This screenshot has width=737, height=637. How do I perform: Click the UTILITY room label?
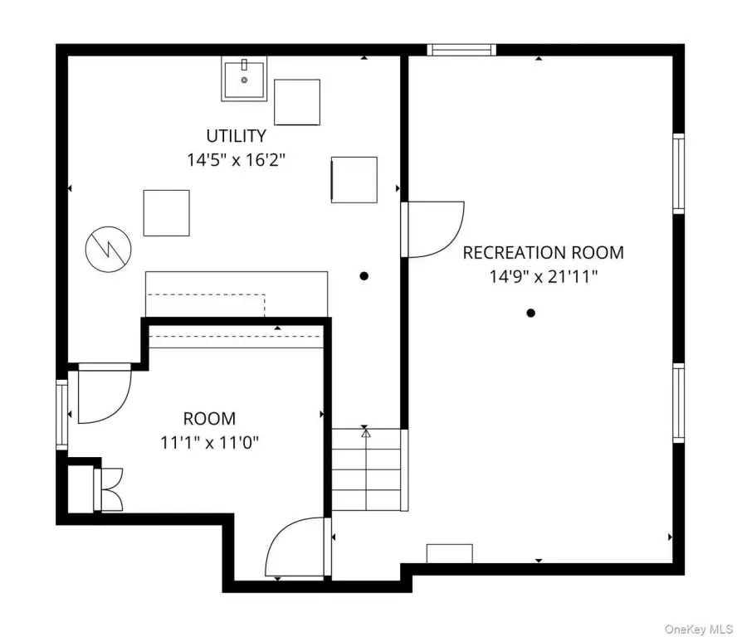pyautogui.click(x=236, y=136)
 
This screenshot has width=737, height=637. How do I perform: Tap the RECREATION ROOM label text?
pyautogui.click(x=544, y=253)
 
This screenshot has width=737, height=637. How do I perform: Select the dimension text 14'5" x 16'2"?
pyautogui.click(x=236, y=160)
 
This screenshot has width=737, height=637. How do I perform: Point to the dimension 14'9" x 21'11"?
pyautogui.click(x=544, y=277)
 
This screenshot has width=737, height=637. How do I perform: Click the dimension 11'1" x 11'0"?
pyautogui.click(x=210, y=443)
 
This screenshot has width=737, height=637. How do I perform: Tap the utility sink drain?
pyautogui.click(x=244, y=80)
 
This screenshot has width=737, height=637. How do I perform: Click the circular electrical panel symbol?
pyautogui.click(x=108, y=249)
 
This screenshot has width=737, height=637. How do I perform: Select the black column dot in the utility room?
pyautogui.click(x=364, y=276)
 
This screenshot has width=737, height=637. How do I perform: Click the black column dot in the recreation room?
pyautogui.click(x=530, y=313)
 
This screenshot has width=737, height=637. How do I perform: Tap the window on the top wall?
pyautogui.click(x=461, y=49)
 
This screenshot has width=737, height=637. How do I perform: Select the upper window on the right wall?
pyautogui.click(x=678, y=173)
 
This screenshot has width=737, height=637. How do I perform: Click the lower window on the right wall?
pyautogui.click(x=678, y=402)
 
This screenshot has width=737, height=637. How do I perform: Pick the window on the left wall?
pyautogui.click(x=62, y=415)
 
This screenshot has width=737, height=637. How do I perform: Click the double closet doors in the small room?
pyautogui.click(x=108, y=489)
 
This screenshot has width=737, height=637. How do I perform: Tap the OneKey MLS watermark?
pyautogui.click(x=699, y=629)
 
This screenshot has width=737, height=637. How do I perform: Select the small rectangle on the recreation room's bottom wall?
pyautogui.click(x=449, y=553)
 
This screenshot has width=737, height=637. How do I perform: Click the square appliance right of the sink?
pyautogui.click(x=297, y=102)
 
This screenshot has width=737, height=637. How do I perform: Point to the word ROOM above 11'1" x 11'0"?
pyautogui.click(x=210, y=419)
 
